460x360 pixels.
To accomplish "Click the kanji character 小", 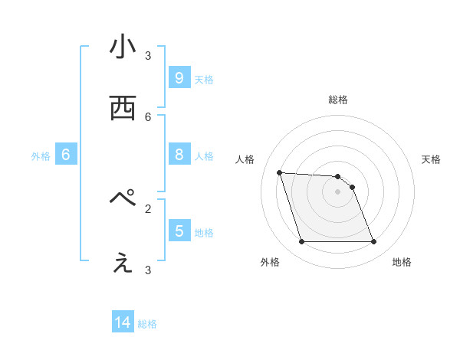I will click(x=123, y=48).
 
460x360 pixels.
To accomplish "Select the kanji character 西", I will click(x=123, y=108).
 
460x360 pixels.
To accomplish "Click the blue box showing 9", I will click(x=179, y=77).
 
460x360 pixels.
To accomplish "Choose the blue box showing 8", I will click(x=179, y=155).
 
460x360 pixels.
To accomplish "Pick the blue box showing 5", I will click(x=179, y=231).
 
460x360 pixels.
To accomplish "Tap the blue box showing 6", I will click(x=65, y=155).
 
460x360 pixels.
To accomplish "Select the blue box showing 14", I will click(x=123, y=322).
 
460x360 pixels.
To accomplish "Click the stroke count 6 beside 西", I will click(x=148, y=116).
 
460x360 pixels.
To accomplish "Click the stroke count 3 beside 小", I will click(x=148, y=55).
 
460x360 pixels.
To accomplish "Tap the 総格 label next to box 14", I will click(x=148, y=324).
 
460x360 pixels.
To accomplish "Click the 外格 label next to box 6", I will click(x=41, y=156).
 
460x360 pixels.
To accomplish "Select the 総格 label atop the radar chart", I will click(x=338, y=100).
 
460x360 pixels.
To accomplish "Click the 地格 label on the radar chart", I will click(x=402, y=262).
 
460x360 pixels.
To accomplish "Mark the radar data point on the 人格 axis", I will click(x=279, y=172).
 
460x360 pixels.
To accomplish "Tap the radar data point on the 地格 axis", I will click(x=374, y=242).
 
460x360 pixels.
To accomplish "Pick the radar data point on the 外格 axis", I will click(x=301, y=242).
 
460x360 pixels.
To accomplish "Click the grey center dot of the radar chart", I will click(x=338, y=191).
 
